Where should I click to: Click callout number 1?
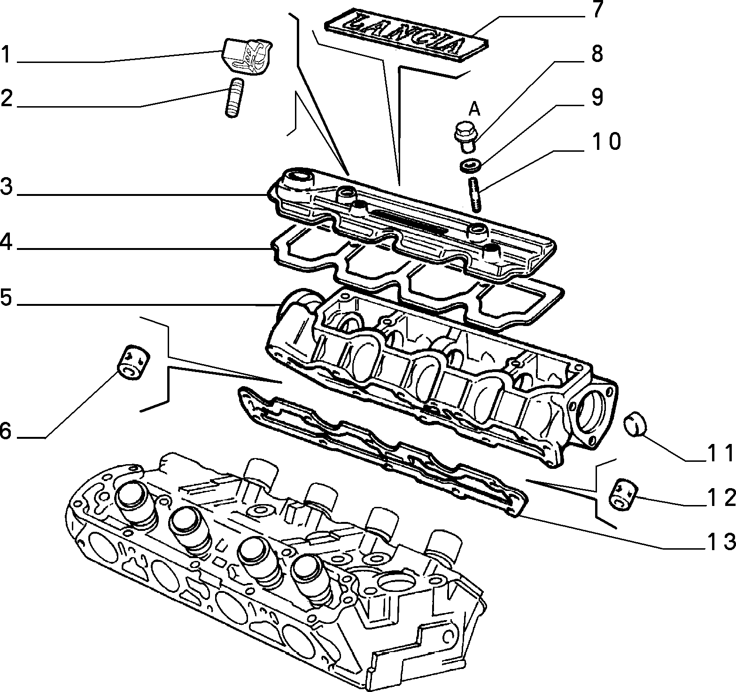6,55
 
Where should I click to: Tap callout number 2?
6,98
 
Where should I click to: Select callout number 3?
6,187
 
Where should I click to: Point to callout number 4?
6,242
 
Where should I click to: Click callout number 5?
6,297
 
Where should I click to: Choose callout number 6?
6,430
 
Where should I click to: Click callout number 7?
596,10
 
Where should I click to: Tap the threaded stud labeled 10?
473,194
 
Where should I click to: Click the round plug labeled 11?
635,426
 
